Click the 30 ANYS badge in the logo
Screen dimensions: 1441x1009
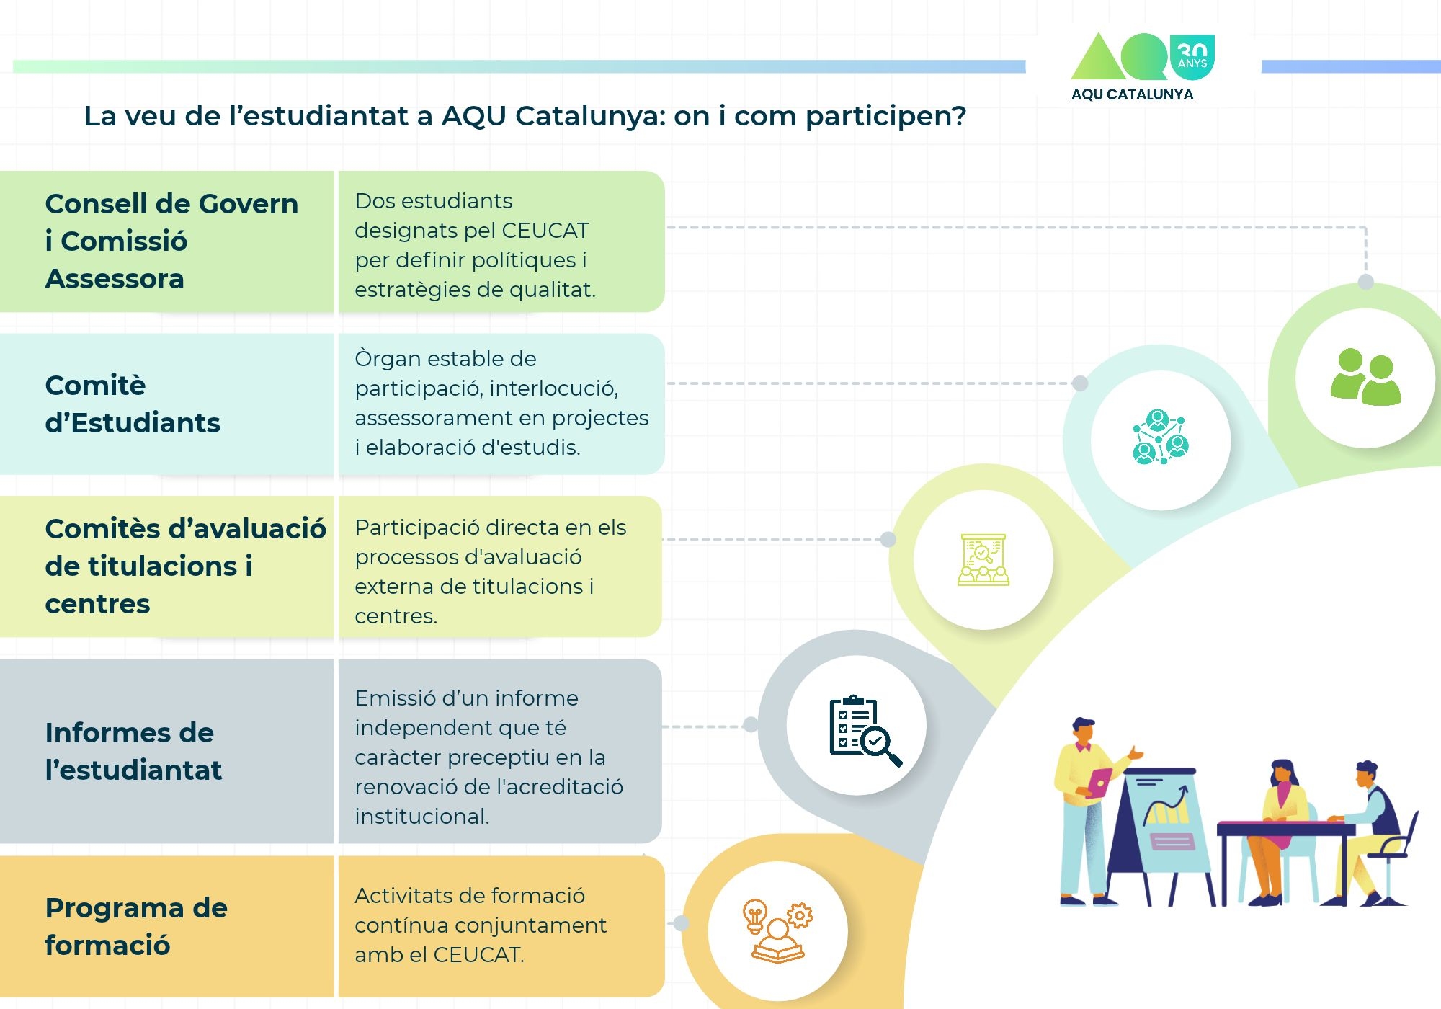point(1192,57)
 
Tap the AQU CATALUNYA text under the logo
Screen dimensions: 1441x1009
point(1132,94)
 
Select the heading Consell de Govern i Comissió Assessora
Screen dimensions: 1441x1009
point(171,241)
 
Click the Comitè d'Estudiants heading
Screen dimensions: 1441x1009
point(133,404)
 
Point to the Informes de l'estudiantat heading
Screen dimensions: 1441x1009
point(133,751)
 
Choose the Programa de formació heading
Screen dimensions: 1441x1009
point(136,926)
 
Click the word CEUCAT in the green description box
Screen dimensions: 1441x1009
point(545,231)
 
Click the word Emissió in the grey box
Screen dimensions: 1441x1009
point(395,698)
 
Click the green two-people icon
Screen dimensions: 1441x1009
point(1365,377)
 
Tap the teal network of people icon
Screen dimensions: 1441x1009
point(1160,437)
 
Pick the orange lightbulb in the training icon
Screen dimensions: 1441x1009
point(754,916)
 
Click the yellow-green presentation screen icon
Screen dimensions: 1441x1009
point(983,559)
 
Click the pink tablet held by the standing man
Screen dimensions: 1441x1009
point(1099,782)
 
